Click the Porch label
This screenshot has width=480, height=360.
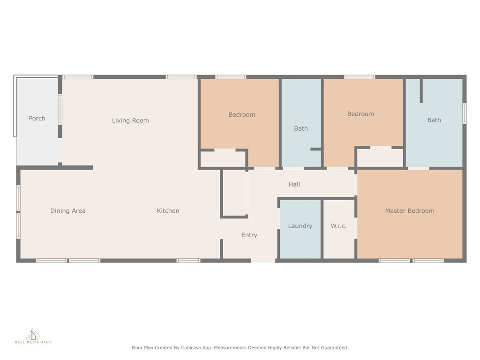[x=37, y=119]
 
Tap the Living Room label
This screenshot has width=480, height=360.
[x=130, y=120]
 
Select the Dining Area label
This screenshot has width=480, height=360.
[x=67, y=210]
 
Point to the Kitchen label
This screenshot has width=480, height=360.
[x=168, y=210]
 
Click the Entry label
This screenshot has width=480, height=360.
[x=249, y=235]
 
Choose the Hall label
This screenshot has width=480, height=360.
[x=294, y=184]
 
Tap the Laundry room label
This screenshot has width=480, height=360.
[x=300, y=226]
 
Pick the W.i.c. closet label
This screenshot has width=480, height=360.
[x=338, y=226]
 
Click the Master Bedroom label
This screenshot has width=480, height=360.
[x=410, y=210]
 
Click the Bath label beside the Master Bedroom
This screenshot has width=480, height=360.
[x=434, y=120]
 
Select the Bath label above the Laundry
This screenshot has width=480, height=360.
[x=301, y=128]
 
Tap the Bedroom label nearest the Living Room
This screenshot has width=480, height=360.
[x=242, y=115]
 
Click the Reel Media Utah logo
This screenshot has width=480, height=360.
[x=33, y=336]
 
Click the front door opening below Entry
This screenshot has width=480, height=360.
[x=263, y=261]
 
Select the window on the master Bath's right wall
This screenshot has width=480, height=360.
[x=465, y=113]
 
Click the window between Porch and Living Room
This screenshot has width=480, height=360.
[x=60, y=109]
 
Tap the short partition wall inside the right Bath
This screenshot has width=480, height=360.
[x=421, y=90]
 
